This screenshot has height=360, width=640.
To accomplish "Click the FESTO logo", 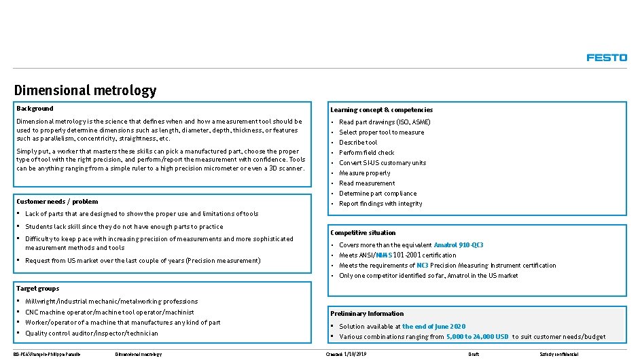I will tap(607, 58).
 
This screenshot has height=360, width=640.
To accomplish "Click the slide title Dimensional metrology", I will tap(85, 90).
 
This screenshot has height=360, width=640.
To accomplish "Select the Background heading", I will tap(35, 109).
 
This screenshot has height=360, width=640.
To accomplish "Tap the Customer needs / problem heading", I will tap(57, 202).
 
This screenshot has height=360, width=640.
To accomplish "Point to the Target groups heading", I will tap(37, 289).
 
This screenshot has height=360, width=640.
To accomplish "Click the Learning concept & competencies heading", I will tap(381, 110).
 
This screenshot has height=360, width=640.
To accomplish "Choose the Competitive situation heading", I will tap(363, 233).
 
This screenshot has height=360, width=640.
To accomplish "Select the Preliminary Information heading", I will tap(367, 314).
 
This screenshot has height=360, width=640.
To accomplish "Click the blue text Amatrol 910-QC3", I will tap(459, 245).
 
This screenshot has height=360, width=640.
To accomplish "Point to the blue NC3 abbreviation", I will tap(422, 266).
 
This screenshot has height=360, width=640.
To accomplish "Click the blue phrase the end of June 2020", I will tap(433, 327).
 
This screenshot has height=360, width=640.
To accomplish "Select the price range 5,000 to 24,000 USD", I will tap(478, 337).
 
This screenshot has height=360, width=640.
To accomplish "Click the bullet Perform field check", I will tap(367, 153).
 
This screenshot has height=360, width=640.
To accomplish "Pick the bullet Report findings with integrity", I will tap(380, 204).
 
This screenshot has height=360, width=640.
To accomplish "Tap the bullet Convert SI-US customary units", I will tap(383, 163).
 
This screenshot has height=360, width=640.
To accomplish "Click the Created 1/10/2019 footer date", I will tap(347, 355).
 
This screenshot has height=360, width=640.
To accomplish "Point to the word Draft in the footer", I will tap(474, 355).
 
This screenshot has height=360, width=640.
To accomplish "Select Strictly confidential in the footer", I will tap(558, 355).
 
